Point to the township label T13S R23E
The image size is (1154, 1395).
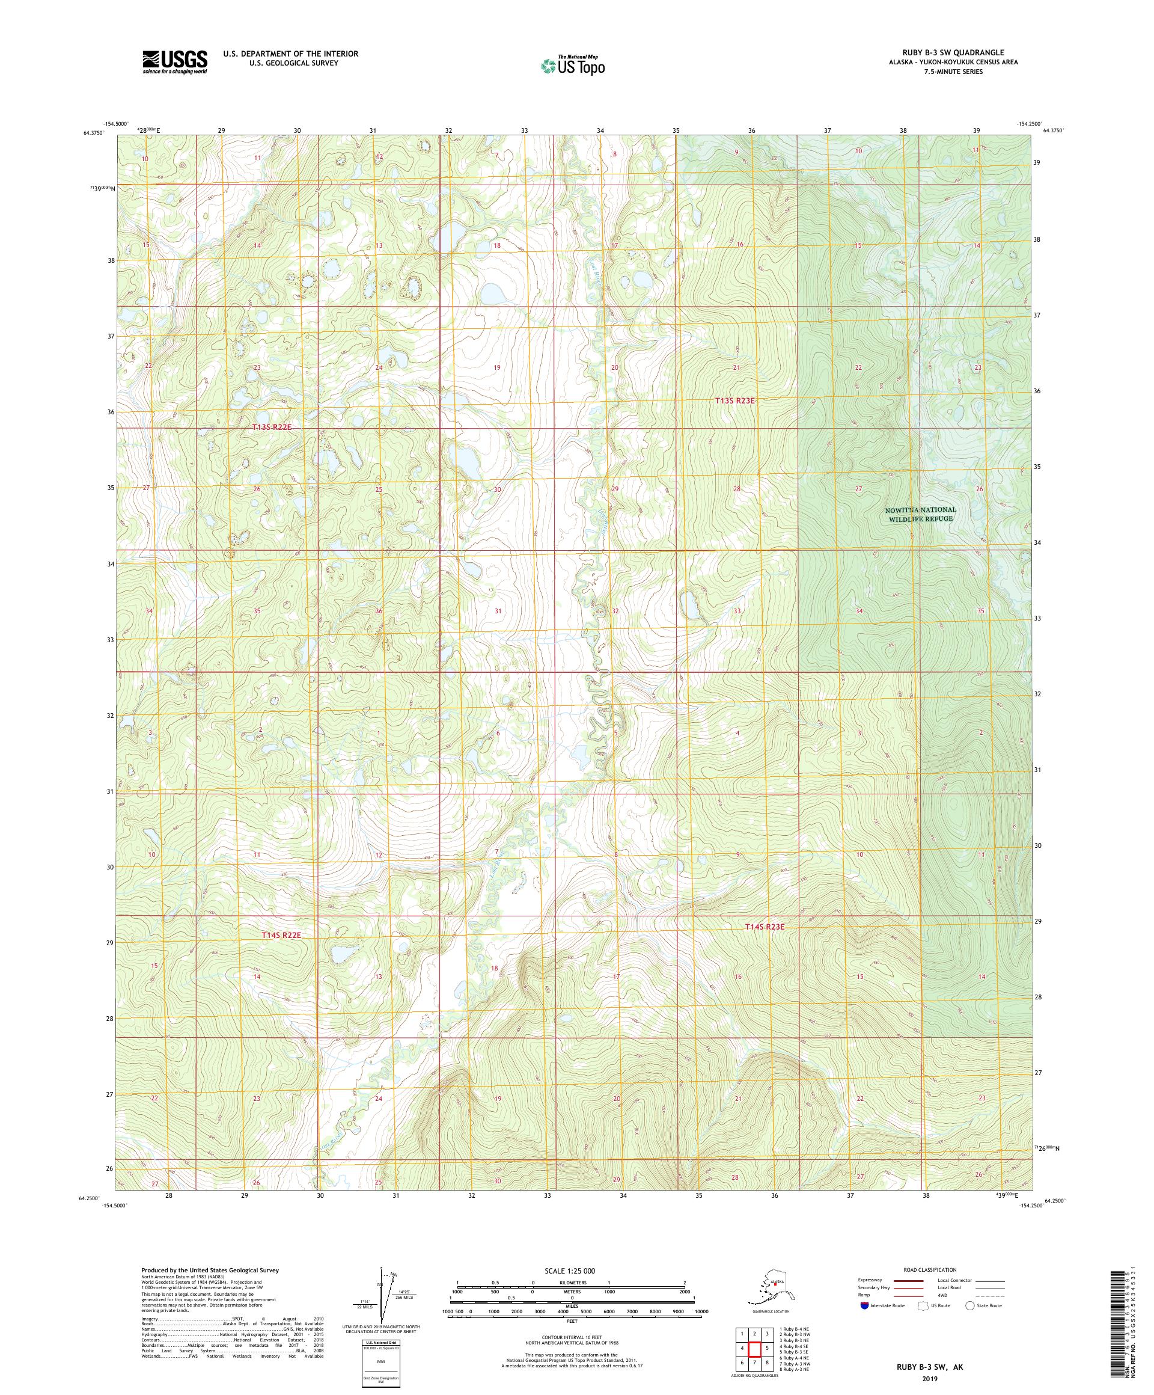point(736,400)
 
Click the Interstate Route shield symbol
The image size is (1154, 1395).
point(864,1305)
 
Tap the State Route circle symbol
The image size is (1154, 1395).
point(969,1305)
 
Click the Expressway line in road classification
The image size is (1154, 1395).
point(909,1280)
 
